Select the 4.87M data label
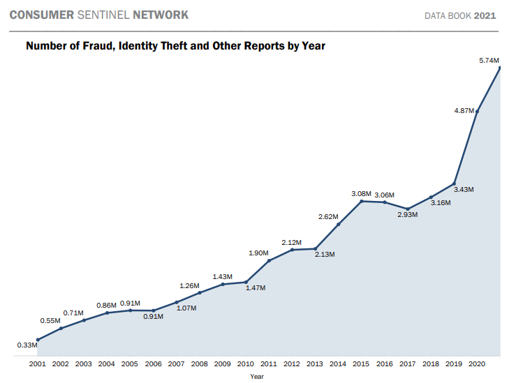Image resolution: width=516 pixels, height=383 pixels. point(464,110)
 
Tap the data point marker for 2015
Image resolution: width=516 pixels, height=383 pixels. point(362,201)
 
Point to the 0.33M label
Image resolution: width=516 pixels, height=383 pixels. point(27,345)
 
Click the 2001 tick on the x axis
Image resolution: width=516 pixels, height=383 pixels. point(38,364)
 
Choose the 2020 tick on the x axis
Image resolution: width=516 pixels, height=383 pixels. point(477,364)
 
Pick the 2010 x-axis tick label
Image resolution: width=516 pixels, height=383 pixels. point(246,364)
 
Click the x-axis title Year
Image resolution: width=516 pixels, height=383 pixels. point(257,377)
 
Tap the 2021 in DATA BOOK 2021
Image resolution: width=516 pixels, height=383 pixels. point(485,15)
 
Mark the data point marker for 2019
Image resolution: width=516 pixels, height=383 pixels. point(455,183)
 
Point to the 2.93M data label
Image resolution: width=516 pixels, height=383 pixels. point(407,214)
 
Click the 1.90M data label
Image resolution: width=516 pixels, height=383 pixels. point(258,253)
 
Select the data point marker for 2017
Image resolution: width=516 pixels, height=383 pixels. point(408,209)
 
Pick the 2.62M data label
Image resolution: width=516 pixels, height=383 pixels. point(328,216)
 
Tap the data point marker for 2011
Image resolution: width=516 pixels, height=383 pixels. point(270,260)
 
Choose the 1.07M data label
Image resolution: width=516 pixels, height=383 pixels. point(186,308)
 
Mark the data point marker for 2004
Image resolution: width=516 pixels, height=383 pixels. point(107,313)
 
